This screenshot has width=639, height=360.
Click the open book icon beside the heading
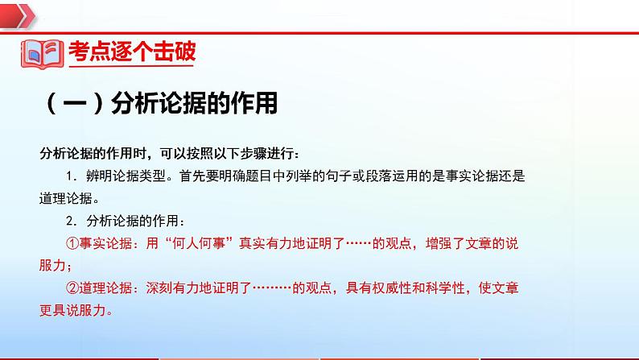click(x=40, y=53)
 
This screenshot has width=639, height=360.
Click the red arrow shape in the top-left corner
click(x=18, y=12)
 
